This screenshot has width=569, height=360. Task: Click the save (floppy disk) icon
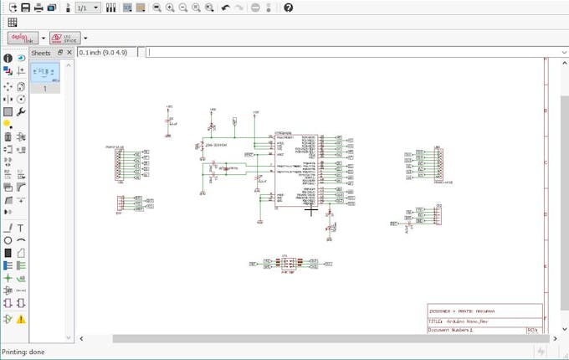point(25,8)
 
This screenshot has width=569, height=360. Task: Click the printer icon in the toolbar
point(38,8)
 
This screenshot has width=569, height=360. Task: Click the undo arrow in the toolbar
point(226,8)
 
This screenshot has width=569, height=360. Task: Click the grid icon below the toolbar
point(13,23)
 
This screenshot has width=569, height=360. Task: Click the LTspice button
point(61,38)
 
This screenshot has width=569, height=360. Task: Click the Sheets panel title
point(41,53)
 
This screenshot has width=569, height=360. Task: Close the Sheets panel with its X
point(69,53)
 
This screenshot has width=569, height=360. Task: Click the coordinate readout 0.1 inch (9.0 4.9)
point(108,52)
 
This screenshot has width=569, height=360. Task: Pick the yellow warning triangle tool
point(21,319)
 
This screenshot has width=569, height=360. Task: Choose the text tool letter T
point(21,228)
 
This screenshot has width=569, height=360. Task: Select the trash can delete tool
point(8,136)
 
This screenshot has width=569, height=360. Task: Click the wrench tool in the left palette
point(21,111)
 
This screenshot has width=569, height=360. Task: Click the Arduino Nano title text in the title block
point(464,321)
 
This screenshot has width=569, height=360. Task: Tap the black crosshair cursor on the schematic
point(312,211)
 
